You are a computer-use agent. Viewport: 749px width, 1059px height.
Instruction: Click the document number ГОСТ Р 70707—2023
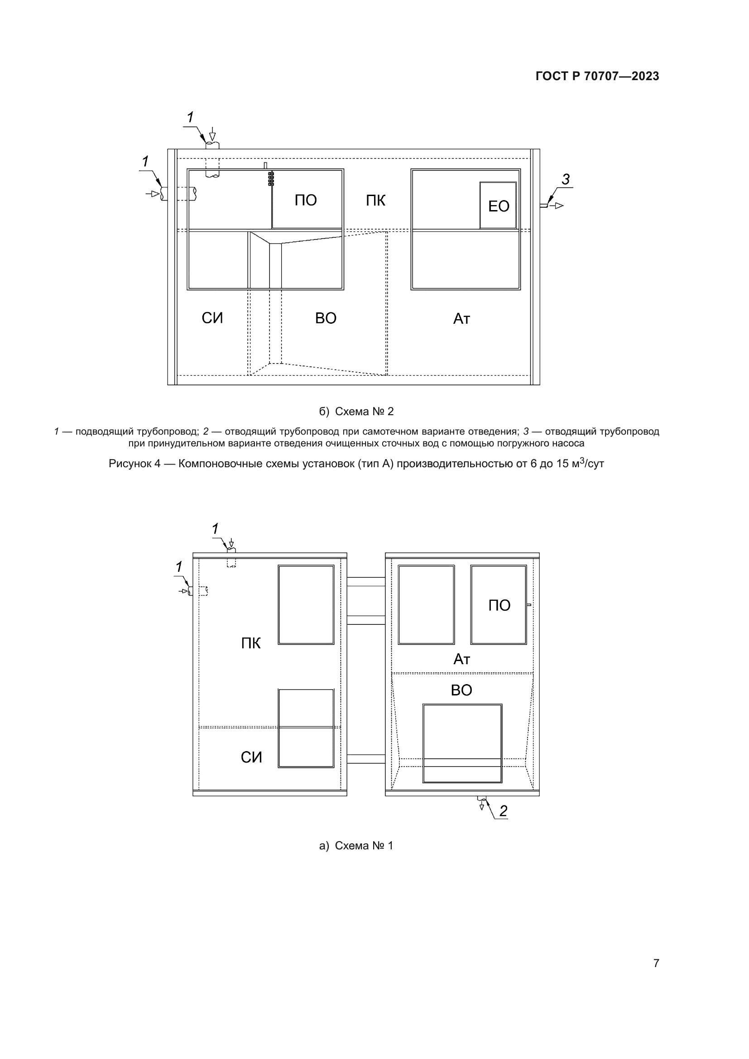(x=597, y=76)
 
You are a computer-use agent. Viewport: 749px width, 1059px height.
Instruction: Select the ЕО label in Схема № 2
(x=499, y=206)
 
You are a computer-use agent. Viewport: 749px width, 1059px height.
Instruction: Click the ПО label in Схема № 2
(x=306, y=200)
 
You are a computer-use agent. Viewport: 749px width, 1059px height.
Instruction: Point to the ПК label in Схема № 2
(x=375, y=200)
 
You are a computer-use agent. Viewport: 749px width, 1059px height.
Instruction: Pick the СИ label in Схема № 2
(x=212, y=318)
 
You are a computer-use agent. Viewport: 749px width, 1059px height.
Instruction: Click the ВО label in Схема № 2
(x=326, y=318)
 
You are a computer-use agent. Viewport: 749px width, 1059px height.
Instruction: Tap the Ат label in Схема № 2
(x=461, y=319)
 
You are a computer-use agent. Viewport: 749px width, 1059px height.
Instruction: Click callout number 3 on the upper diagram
(x=566, y=179)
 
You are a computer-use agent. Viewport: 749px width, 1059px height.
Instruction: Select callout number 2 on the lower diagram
(x=503, y=811)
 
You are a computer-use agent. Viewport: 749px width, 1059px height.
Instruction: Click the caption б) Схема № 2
(x=356, y=412)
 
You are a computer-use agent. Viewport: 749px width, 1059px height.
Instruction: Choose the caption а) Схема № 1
(x=356, y=845)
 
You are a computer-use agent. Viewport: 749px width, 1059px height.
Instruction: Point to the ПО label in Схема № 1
(x=499, y=605)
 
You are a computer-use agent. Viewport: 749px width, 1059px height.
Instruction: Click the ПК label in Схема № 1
(x=251, y=643)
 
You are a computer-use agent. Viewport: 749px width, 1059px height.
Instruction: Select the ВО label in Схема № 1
(x=461, y=690)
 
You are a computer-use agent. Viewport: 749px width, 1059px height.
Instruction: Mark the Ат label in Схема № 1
(x=461, y=659)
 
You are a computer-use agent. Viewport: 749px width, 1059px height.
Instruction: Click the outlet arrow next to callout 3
(x=557, y=205)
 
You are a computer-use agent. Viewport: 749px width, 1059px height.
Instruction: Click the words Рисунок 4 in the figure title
(x=134, y=464)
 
